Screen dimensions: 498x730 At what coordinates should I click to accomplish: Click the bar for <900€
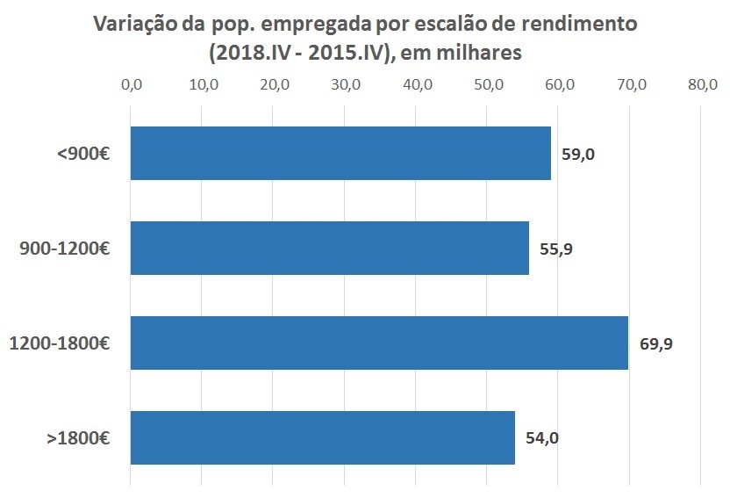pos(340,153)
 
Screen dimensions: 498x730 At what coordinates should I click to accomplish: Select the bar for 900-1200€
pos(329,248)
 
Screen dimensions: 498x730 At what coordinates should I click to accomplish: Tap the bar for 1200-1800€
pos(379,343)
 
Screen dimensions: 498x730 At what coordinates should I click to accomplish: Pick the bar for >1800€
pos(322,437)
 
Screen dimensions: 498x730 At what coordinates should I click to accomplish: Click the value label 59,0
pos(578,155)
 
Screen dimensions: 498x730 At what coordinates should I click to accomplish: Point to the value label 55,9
pos(556,249)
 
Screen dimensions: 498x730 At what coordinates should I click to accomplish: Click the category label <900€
pos(83,154)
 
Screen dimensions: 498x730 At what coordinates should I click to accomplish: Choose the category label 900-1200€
pos(64,249)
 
